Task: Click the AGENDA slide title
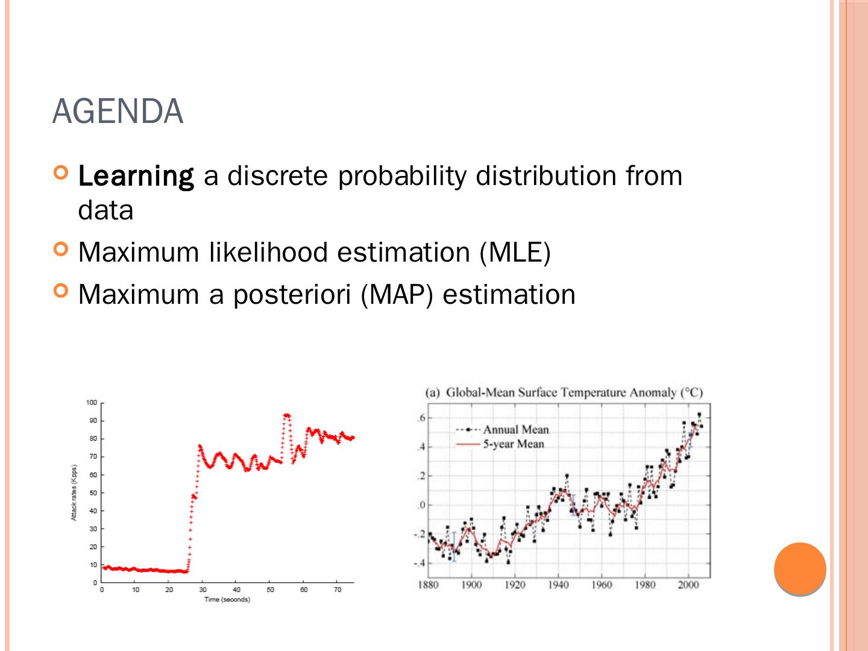(x=118, y=112)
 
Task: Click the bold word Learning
(x=136, y=176)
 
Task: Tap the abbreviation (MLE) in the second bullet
(x=515, y=252)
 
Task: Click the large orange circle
(x=800, y=568)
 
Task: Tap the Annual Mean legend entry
(x=515, y=430)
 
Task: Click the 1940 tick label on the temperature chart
(x=558, y=585)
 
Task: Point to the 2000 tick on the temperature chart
(x=688, y=585)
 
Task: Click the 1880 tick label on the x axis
(x=428, y=585)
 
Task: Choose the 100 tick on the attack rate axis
(x=91, y=403)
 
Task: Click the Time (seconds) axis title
(x=227, y=600)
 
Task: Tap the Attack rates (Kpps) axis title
(x=74, y=492)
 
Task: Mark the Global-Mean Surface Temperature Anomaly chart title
(x=564, y=393)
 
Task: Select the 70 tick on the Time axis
(x=338, y=590)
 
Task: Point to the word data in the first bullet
(x=105, y=210)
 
